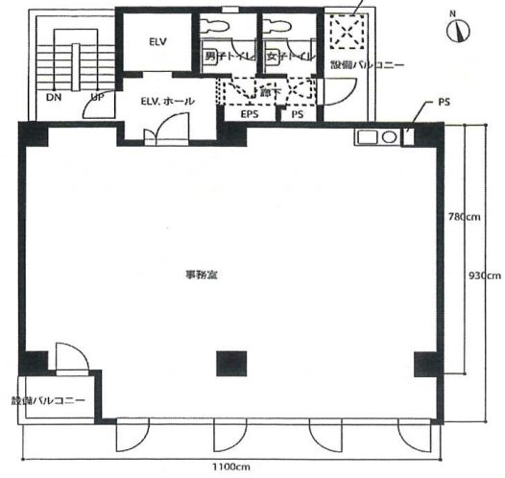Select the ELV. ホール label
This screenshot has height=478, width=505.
167,100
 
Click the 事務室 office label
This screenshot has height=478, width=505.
201,275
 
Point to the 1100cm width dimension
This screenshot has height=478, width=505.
231,466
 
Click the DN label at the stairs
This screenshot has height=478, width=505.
54,98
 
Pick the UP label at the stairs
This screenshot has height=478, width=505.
97,98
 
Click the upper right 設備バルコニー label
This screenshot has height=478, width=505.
367,65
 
